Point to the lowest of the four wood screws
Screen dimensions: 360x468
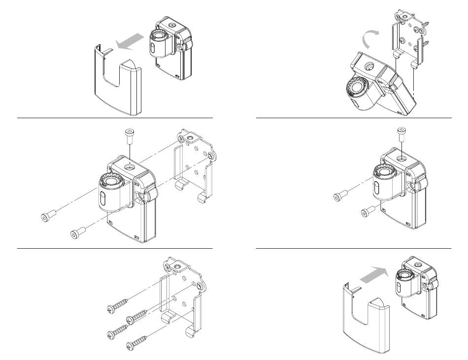point(136,343)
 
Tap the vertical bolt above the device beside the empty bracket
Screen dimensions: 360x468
point(129,133)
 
